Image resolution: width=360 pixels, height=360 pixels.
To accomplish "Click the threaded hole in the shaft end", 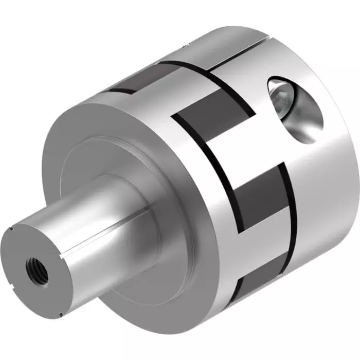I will point(37,267).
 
